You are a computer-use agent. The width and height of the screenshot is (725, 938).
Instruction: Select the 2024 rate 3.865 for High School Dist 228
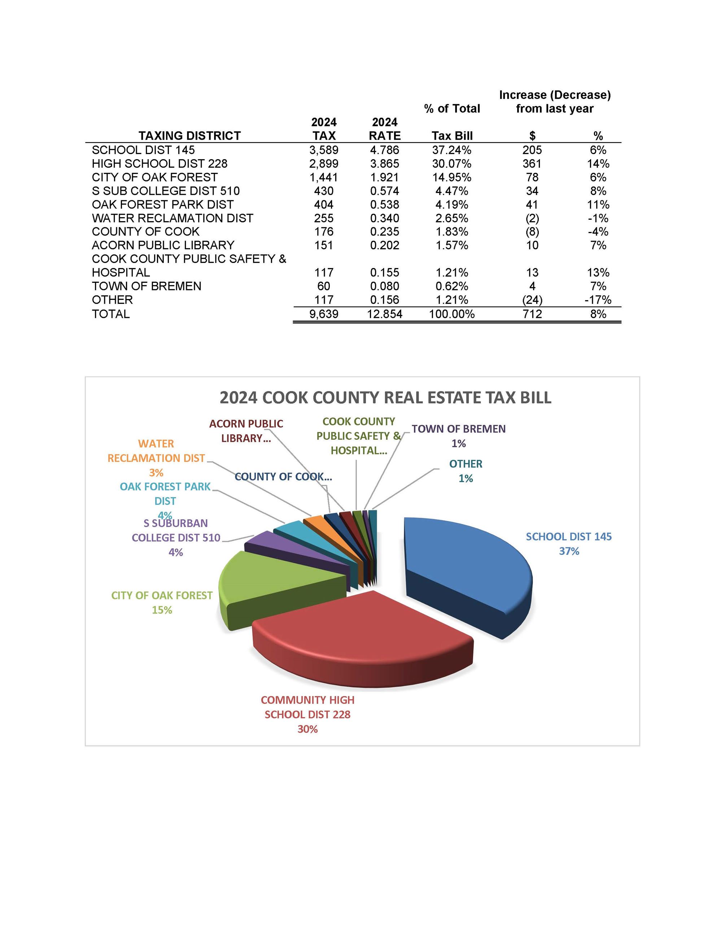[384, 164]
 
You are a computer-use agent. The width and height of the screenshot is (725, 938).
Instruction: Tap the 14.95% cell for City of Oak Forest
[452, 177]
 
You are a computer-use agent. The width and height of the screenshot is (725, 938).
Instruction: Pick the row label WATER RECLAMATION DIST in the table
[172, 218]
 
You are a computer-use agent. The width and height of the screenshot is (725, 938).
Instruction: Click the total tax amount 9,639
[323, 314]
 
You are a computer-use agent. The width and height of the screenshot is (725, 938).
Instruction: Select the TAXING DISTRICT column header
[189, 136]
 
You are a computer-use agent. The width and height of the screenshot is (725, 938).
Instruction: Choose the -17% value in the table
[598, 300]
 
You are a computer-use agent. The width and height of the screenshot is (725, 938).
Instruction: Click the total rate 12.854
[384, 314]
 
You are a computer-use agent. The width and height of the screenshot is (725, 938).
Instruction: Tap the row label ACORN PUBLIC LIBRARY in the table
[163, 245]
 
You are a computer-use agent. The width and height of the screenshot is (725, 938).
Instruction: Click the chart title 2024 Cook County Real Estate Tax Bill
[385, 397]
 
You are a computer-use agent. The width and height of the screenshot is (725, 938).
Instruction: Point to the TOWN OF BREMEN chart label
[458, 429]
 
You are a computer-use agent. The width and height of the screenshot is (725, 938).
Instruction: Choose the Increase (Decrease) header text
[555, 95]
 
